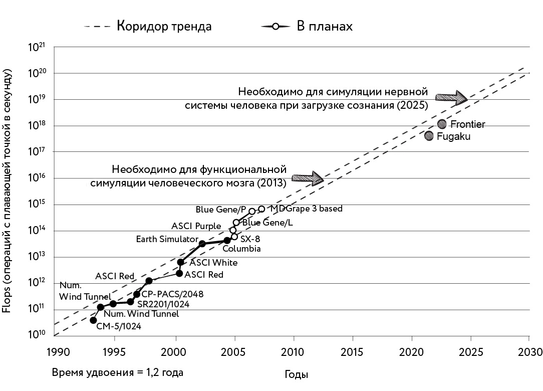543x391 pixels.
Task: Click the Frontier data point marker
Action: point(442,124)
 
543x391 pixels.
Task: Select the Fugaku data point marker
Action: point(429,136)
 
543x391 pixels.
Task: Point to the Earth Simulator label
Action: point(167,239)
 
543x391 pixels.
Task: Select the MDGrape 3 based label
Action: point(306,209)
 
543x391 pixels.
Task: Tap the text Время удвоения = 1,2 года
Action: point(117,372)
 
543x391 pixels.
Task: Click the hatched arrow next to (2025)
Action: point(451,98)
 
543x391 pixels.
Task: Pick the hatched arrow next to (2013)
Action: point(308,177)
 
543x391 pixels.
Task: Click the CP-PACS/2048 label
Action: point(172,294)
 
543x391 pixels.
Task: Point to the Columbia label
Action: point(241,249)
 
